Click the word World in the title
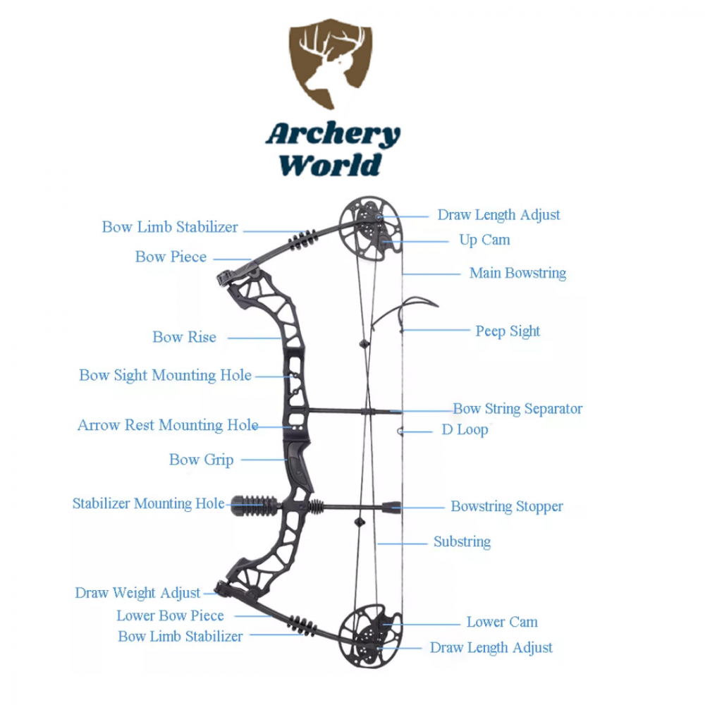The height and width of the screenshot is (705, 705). [330, 166]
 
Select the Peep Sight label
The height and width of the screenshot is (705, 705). [508, 331]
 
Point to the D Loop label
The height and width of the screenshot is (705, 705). [465, 429]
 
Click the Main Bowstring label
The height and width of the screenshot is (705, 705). [517, 273]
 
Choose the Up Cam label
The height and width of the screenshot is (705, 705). [484, 240]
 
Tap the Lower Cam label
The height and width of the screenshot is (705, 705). [502, 622]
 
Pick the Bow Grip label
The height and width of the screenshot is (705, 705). [201, 460]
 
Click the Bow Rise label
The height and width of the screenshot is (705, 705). [184, 337]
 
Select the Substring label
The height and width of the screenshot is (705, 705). [462, 541]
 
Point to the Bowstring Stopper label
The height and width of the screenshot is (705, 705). [507, 506]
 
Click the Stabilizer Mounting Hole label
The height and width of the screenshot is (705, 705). [148, 503]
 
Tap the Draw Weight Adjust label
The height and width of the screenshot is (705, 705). [137, 593]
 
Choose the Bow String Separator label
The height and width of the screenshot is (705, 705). [517, 408]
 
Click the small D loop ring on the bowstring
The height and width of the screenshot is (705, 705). [400, 431]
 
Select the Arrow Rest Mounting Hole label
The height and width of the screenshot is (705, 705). [168, 425]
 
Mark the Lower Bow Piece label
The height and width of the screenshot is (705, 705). [170, 615]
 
